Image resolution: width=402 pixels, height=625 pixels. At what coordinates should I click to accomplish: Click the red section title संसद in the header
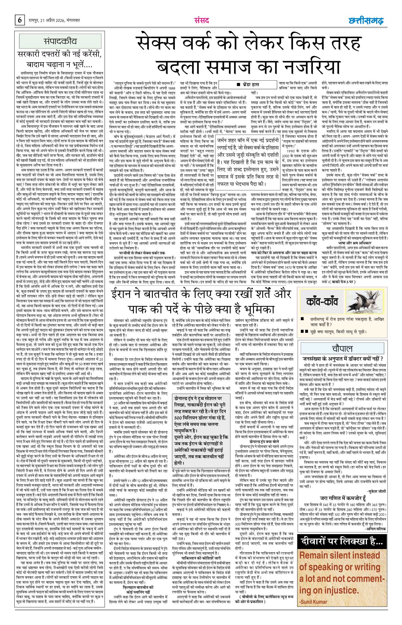tap(201, 21)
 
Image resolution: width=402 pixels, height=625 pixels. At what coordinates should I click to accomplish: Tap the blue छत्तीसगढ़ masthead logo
tap(366, 21)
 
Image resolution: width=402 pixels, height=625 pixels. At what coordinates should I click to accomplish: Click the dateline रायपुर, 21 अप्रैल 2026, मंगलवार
tap(55, 21)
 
